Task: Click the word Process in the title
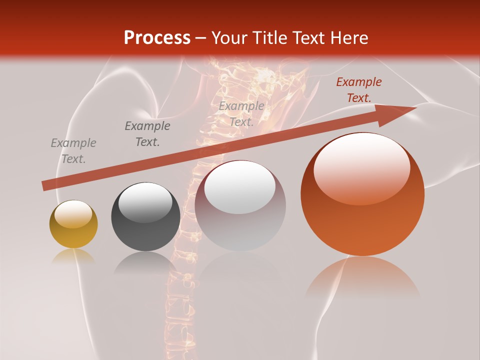[157, 38]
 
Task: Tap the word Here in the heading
[348, 38]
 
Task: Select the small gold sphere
[73, 224]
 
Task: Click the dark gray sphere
[145, 217]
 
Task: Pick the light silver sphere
[240, 205]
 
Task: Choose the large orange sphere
[362, 194]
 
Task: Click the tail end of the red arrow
[45, 185]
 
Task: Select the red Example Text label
[358, 90]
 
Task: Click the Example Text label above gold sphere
[73, 151]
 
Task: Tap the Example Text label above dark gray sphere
[147, 134]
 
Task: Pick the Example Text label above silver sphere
[241, 113]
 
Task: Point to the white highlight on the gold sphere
[73, 214]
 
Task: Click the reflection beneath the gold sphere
[73, 256]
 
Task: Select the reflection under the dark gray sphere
[145, 262]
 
